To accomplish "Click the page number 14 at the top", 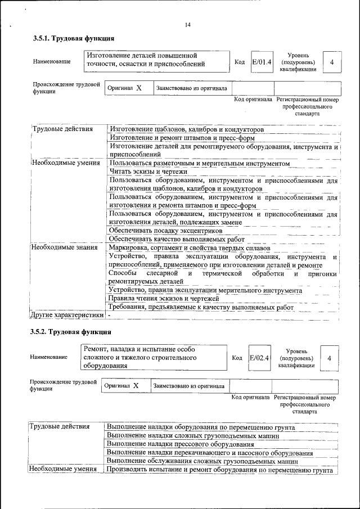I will pyautogui.click(x=187, y=25).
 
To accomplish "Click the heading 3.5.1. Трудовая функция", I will pyautogui.click(x=73, y=39).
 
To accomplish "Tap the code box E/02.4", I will pyautogui.click(x=259, y=358).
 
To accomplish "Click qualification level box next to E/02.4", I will pyautogui.click(x=329, y=358).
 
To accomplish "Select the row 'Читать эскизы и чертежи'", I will pyautogui.click(x=148, y=172).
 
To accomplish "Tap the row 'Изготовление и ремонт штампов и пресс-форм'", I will pyautogui.click(x=182, y=138).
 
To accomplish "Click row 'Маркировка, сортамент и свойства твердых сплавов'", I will pyautogui.click(x=190, y=248).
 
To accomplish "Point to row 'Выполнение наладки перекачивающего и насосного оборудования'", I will pyautogui.click(x=209, y=452).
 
